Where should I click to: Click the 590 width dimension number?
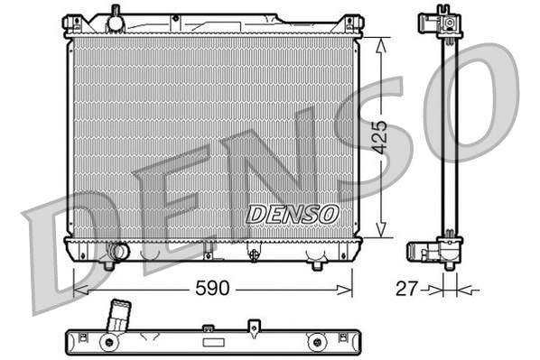pos(212,289)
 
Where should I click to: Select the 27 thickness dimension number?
pos(409,289)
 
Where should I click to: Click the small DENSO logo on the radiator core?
pos(292,214)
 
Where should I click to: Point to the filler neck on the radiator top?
pos(114,18)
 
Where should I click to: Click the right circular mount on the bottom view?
pos(315,342)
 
